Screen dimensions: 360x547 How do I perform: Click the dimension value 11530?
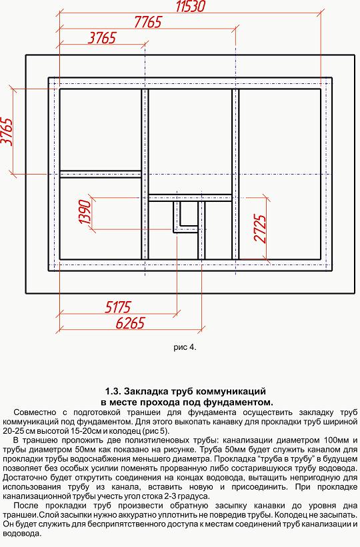(x=190, y=7)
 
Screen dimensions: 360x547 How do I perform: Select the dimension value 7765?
(x=148, y=23)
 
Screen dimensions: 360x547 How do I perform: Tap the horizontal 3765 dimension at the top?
(x=101, y=38)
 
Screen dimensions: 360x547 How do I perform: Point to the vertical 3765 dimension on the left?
(x=7, y=131)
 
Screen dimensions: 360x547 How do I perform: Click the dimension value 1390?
(x=85, y=212)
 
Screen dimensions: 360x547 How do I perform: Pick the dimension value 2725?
(x=261, y=229)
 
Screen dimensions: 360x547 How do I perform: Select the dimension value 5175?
(x=118, y=307)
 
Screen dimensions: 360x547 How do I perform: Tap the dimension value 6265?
(x=130, y=323)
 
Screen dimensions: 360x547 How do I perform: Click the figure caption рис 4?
(x=185, y=348)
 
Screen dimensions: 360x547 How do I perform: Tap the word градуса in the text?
(x=195, y=496)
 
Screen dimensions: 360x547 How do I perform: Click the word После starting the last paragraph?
(x=24, y=506)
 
